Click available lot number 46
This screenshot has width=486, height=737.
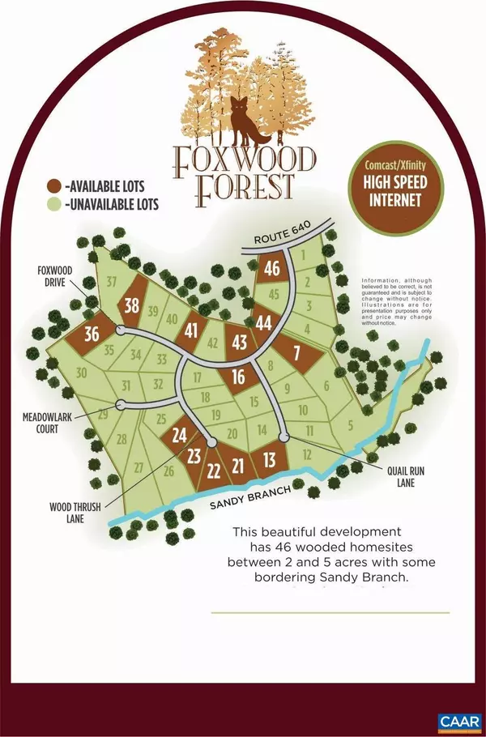[272, 269]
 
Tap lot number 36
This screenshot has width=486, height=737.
[92, 333]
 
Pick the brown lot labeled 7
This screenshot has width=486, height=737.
[296, 352]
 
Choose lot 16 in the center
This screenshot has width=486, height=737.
[238, 376]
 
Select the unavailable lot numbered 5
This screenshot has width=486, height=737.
[351, 424]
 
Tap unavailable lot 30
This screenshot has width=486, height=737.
[81, 373]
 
